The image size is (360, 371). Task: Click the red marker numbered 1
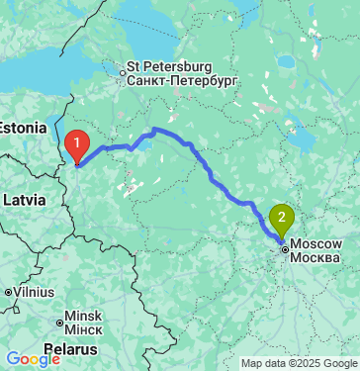pos(76,147)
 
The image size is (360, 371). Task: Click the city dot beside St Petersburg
pos(123,71)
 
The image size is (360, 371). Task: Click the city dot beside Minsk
pos(57,319)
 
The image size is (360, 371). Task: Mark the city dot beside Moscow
pos(286,250)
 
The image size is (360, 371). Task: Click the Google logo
pos(33,359)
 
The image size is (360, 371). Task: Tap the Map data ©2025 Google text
pos(299,363)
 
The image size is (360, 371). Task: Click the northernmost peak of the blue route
pos(154,130)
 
